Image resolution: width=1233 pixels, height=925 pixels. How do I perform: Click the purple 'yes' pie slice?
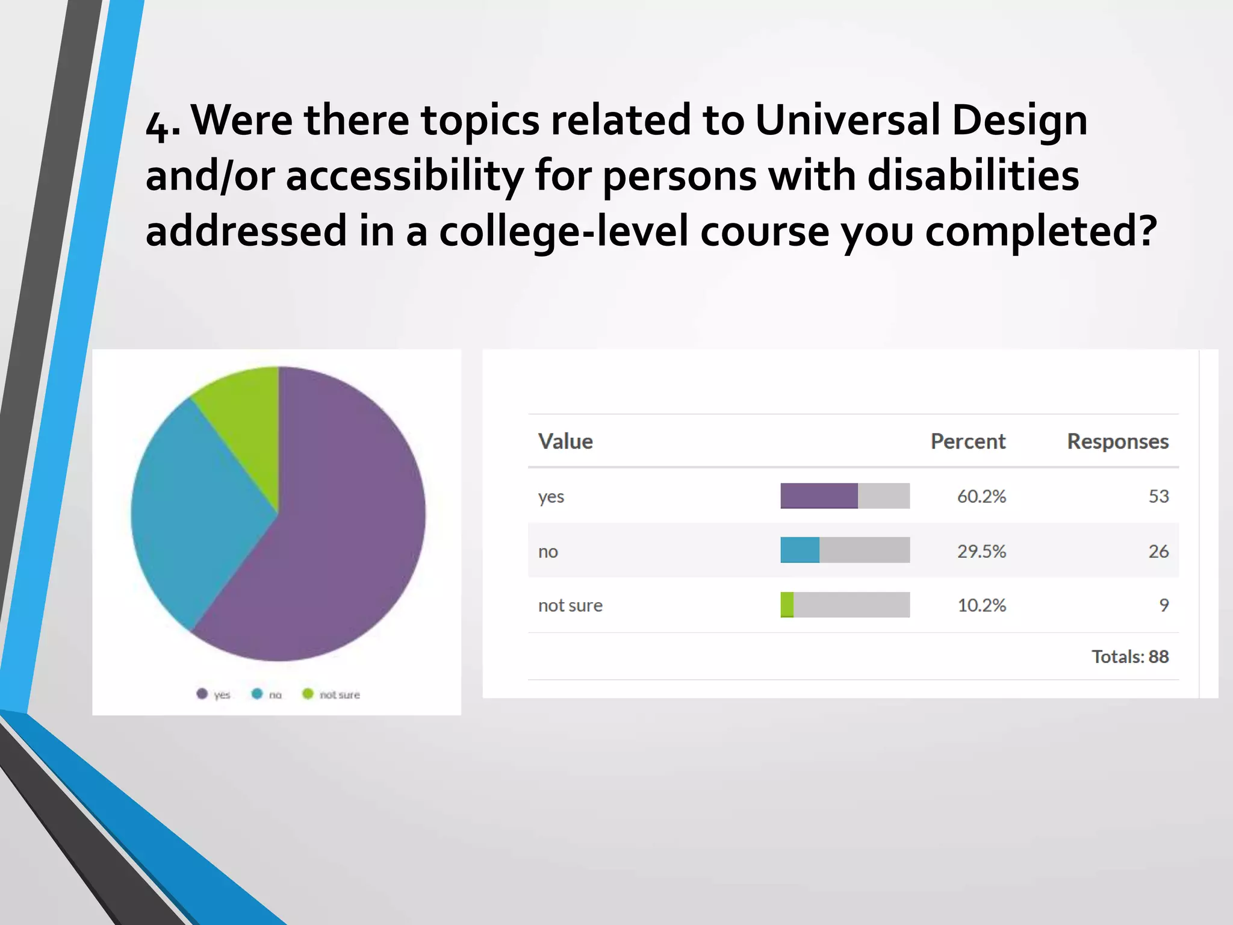[337, 530]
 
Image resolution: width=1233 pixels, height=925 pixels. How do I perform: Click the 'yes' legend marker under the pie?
[202, 694]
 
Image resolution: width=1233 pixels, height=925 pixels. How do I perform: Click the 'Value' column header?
[565, 441]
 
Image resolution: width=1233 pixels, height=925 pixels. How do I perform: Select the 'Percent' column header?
[967, 441]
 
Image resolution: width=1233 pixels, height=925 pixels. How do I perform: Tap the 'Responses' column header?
[1117, 441]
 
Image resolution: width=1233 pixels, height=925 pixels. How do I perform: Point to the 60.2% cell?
[981, 496]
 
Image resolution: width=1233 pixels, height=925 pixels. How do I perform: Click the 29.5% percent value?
[981, 551]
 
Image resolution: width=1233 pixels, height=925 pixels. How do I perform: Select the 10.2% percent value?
[981, 605]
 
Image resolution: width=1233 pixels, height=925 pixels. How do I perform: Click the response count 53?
[1158, 496]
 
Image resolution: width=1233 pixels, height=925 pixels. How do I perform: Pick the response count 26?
[1158, 551]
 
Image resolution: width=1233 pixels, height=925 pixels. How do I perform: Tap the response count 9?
[1164, 605]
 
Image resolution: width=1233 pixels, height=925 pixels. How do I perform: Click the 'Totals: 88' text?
[1129, 656]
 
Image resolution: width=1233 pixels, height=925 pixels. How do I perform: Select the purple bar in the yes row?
[819, 496]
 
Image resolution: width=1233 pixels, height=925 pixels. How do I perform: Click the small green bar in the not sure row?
[787, 605]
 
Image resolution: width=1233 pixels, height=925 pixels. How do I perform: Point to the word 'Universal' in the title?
[847, 120]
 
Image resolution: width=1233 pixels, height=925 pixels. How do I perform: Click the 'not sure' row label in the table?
[570, 605]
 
